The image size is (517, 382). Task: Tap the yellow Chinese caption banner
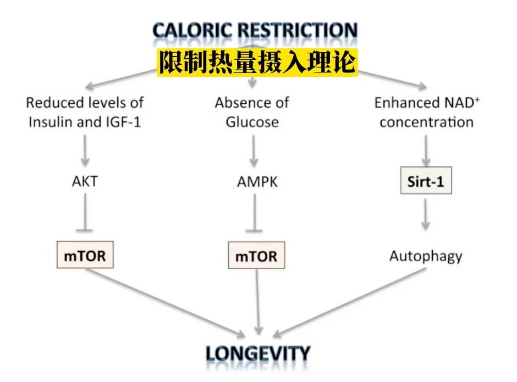click(x=257, y=62)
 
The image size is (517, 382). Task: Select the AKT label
click(x=85, y=181)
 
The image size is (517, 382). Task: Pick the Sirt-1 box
click(x=426, y=181)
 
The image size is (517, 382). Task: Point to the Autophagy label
click(x=426, y=255)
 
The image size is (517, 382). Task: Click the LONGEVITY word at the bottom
click(x=258, y=353)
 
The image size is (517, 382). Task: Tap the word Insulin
click(x=52, y=121)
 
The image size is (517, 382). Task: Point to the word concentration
click(x=426, y=121)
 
